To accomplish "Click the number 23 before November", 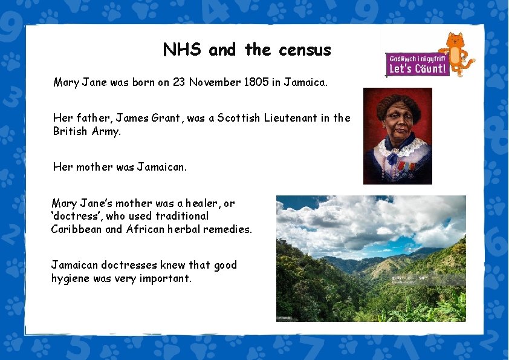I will (x=179, y=82).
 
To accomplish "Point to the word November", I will (x=212, y=82).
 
